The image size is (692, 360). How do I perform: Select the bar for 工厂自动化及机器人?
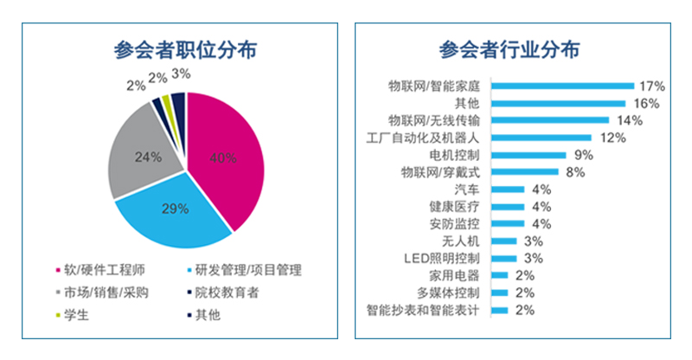point(541,138)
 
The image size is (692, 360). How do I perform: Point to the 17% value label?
point(651,87)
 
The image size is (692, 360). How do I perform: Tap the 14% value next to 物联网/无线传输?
point(630,120)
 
